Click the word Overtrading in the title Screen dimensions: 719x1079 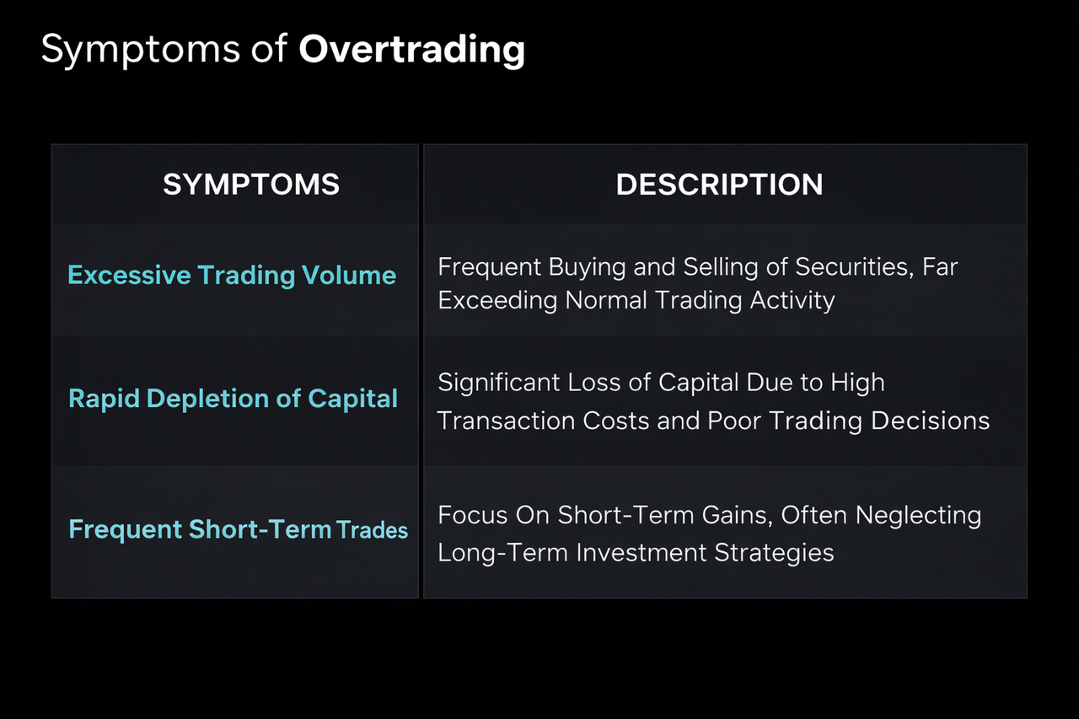click(411, 50)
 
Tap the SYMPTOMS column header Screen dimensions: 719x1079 click(251, 185)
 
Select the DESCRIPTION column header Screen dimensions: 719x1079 click(719, 185)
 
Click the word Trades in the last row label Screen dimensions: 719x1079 click(372, 530)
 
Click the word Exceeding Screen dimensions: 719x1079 click(498, 300)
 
